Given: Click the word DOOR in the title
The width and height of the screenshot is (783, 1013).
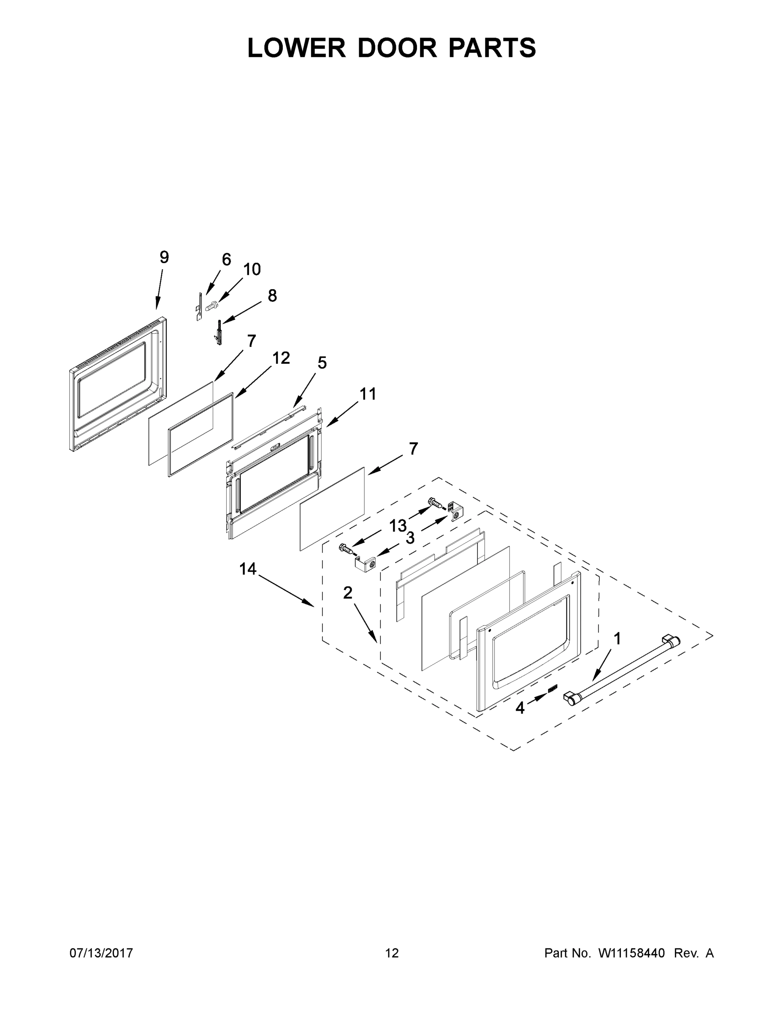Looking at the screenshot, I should coord(397,47).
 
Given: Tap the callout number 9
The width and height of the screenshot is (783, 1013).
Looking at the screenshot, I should coord(164,257).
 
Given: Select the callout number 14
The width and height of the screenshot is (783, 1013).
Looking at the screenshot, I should coord(248,569).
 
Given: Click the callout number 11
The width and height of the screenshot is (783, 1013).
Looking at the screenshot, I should coord(368,394).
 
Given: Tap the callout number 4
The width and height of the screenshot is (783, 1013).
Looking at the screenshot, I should coord(520,708).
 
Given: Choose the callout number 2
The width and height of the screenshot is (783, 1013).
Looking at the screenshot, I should coord(347,592).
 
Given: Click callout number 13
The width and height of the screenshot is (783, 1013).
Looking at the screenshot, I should coord(398,526).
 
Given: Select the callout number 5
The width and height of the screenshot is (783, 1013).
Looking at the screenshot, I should coord(322,363).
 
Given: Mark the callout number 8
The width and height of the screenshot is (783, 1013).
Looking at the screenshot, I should coord(272,295).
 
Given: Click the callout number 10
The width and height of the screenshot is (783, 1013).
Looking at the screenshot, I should coord(252,269).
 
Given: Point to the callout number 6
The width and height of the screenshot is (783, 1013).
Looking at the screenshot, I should coord(226,259).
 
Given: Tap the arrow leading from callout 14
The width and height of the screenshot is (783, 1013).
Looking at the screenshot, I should coord(285,590).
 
